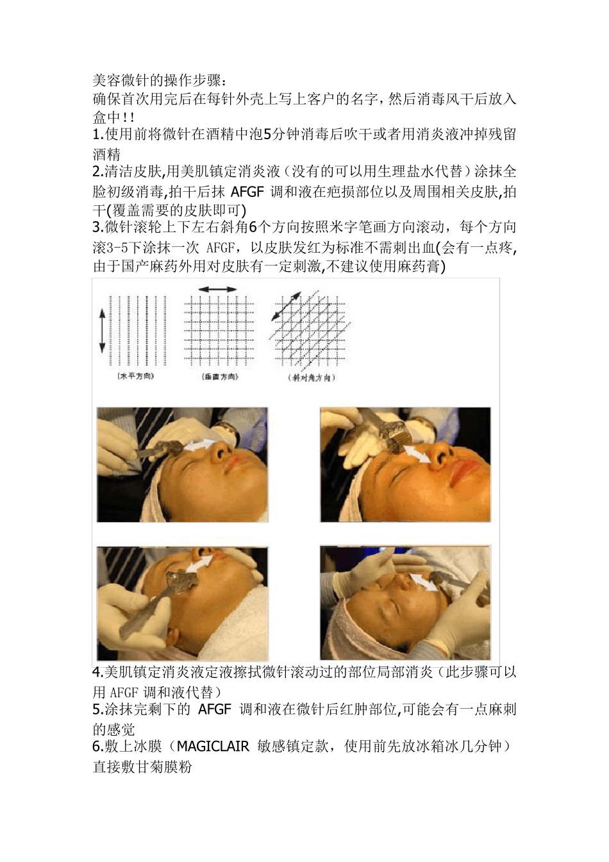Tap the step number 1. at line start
point(98,135)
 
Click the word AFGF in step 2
point(247,191)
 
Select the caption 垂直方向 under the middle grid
point(219,377)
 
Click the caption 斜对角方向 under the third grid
point(312,378)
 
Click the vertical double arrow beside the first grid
point(102,330)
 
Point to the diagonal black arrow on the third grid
point(286,306)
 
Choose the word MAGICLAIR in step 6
point(212,747)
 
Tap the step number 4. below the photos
point(98,673)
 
